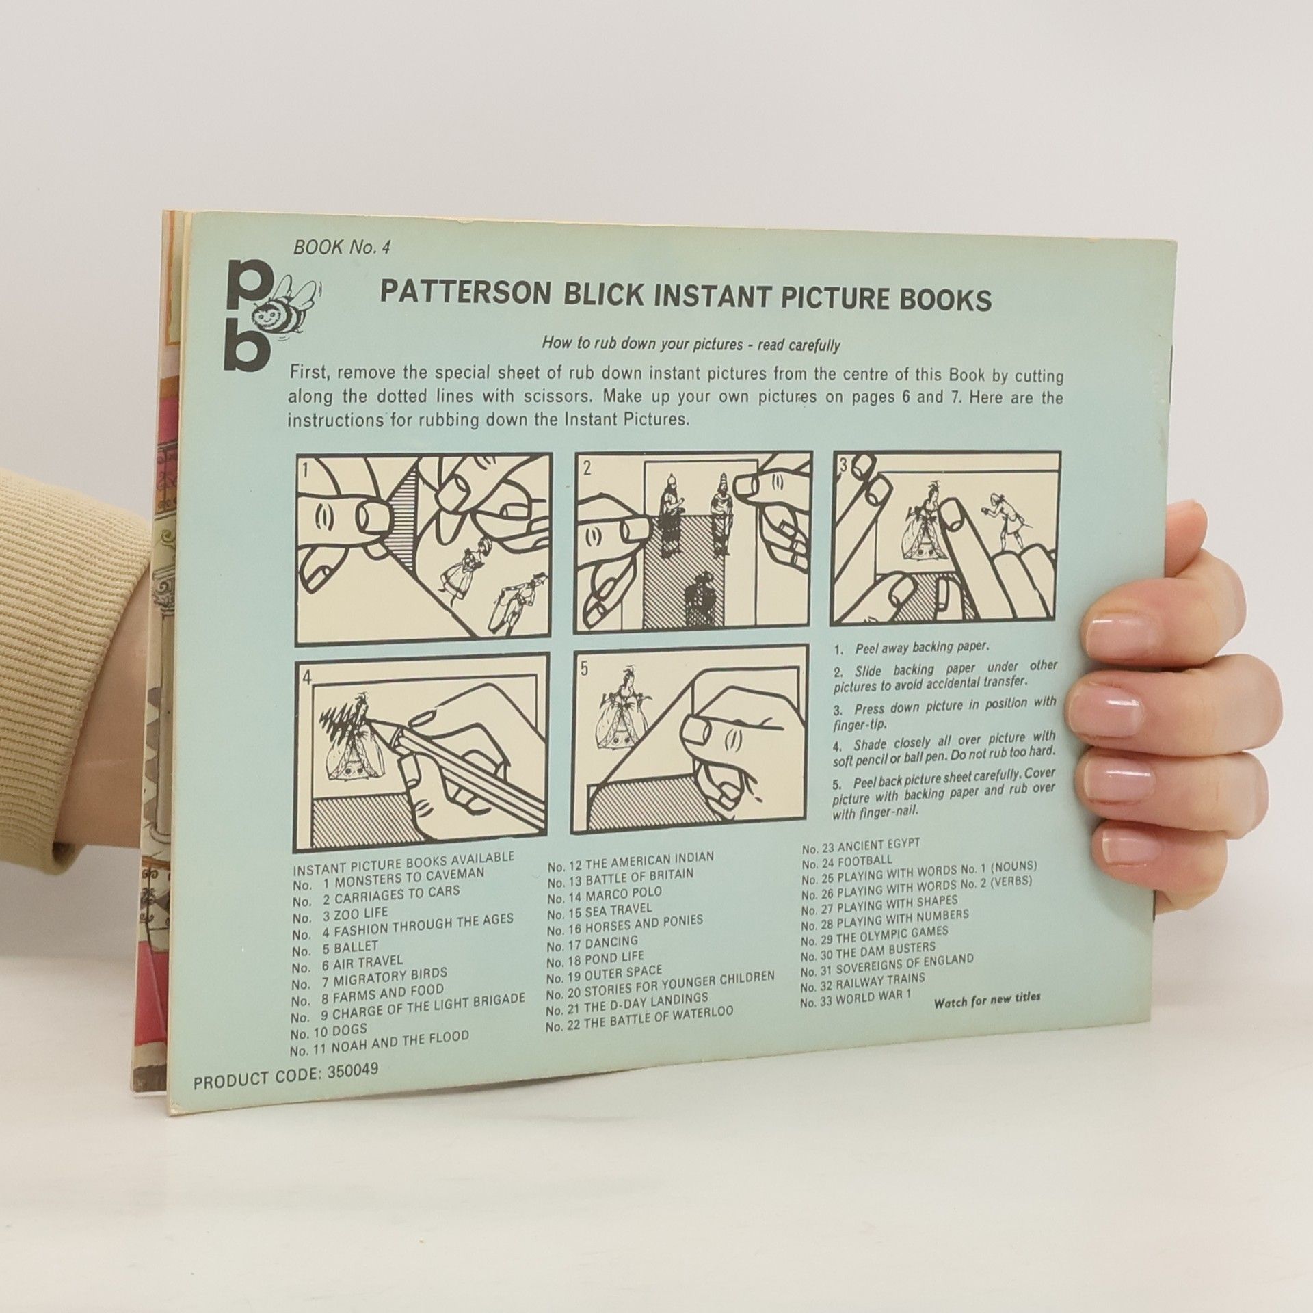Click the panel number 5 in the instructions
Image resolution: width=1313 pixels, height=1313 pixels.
[x=583, y=669]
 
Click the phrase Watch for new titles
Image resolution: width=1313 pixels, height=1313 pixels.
[x=987, y=998]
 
